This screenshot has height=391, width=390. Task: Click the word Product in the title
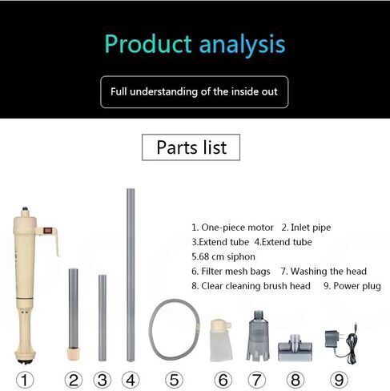point(148,44)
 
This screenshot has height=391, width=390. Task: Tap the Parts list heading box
point(191,147)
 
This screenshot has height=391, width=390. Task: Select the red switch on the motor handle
point(47,231)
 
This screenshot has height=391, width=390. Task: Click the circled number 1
point(25,380)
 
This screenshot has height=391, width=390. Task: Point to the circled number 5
point(174,380)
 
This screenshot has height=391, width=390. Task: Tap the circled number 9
point(339,380)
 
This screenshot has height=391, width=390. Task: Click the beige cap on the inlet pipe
point(73,354)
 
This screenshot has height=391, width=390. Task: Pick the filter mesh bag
point(221,341)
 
